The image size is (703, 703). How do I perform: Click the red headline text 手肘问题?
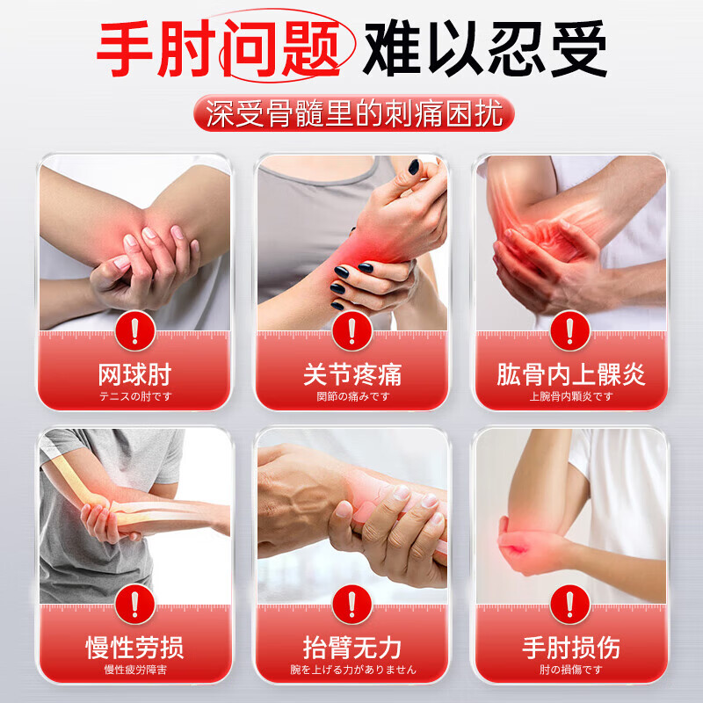coord(218,48)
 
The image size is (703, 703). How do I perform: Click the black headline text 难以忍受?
coord(485,48)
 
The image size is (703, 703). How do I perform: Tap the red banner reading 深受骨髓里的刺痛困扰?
coord(354,113)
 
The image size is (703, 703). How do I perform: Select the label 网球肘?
coord(135,375)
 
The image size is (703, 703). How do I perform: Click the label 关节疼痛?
coord(352,375)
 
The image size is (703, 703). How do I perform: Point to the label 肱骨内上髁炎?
coord(570,375)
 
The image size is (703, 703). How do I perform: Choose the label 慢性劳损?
coord(135,648)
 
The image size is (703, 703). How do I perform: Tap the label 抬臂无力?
coord(352,648)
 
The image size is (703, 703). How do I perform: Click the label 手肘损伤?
coord(570,648)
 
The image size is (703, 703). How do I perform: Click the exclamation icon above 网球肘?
coord(135,331)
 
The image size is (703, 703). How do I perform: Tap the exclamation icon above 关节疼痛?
coord(352,331)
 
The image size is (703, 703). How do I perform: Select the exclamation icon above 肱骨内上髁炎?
coord(570,331)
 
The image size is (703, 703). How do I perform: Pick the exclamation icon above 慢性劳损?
coord(135,604)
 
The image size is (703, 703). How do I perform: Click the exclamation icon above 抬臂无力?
coord(352,604)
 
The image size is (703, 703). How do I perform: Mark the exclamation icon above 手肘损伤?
coord(570,604)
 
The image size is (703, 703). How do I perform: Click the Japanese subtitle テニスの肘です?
coord(135,396)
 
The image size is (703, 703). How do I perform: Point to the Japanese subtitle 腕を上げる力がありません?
coord(353,670)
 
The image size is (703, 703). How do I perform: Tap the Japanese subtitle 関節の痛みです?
coord(353,396)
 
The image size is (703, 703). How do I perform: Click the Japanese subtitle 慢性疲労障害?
coord(135,670)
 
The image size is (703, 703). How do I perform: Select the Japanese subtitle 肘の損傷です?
coord(570,670)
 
